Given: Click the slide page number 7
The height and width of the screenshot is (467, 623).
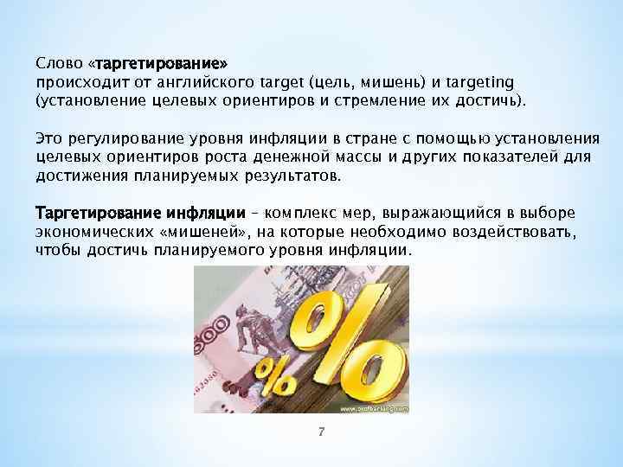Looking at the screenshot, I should click(319, 432).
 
